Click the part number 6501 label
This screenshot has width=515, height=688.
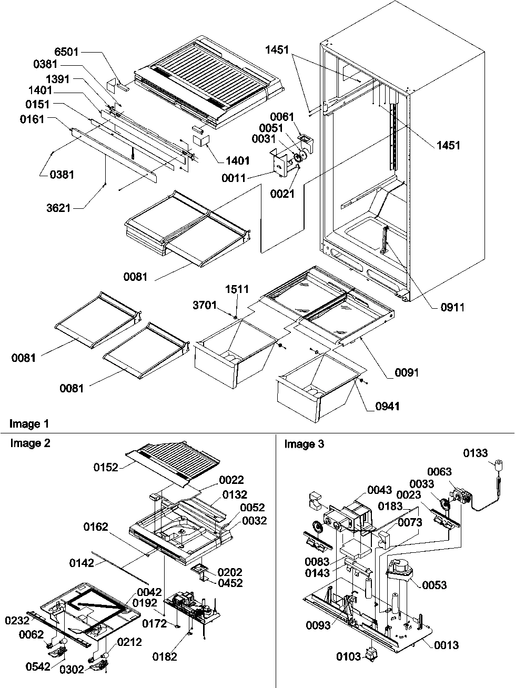(x=66, y=52)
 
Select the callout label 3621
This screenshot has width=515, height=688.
(x=58, y=208)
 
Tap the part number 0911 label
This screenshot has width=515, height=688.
(x=452, y=307)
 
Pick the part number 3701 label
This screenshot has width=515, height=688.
(x=205, y=305)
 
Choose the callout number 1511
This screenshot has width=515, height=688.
(x=237, y=289)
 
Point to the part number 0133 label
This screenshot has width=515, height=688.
(x=476, y=453)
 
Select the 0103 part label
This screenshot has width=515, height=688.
(x=348, y=656)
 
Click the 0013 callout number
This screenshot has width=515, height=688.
(x=447, y=645)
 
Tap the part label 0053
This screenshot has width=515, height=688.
(x=434, y=585)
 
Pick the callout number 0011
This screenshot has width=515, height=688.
(x=233, y=178)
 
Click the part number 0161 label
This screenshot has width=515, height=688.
(x=33, y=120)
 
